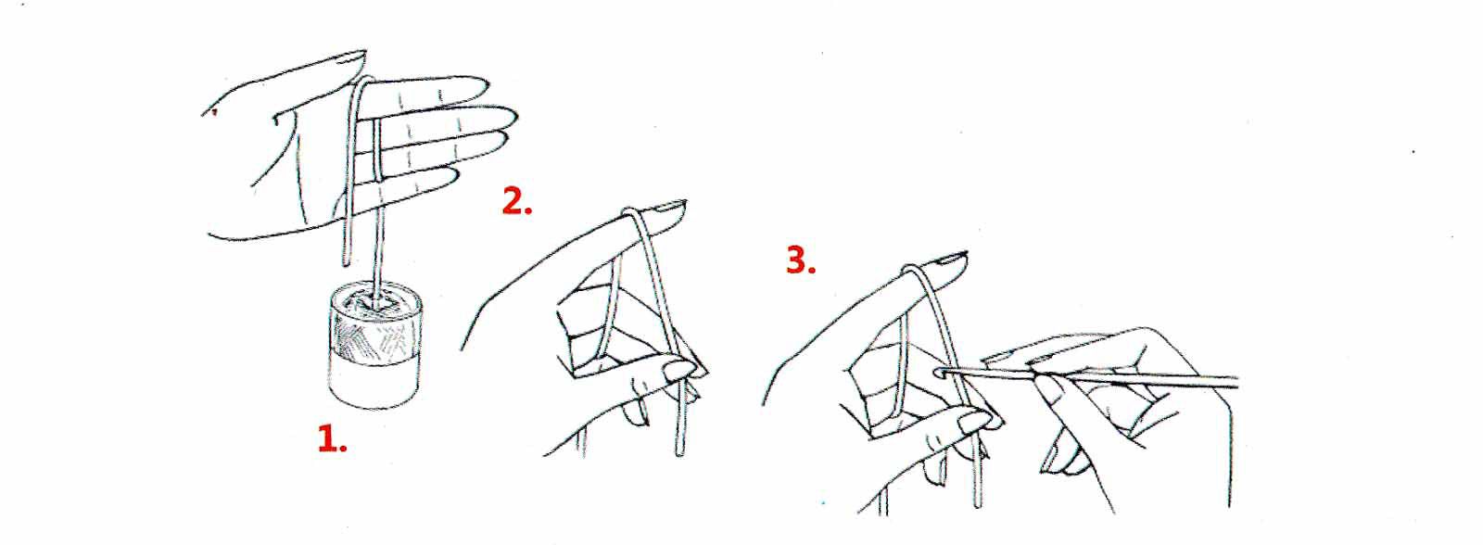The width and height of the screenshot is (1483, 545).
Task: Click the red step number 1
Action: point(333,438)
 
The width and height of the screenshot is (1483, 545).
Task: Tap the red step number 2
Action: point(516,200)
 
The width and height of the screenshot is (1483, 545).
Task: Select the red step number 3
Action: point(801,260)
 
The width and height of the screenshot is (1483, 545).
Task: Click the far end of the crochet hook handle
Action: point(1236,382)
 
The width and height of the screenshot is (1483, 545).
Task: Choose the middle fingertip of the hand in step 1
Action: point(510,117)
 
